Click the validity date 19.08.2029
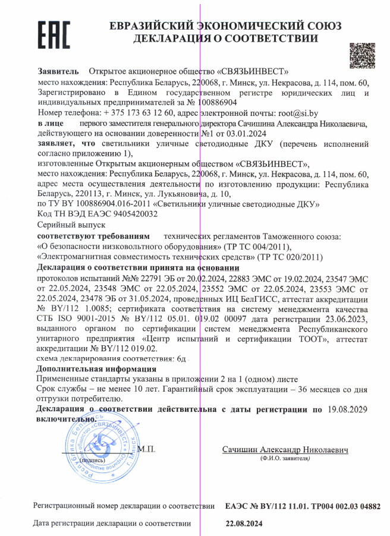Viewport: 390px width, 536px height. pyautogui.click(x=347, y=409)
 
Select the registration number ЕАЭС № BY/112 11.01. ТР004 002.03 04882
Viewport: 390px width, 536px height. pyautogui.click(x=303, y=506)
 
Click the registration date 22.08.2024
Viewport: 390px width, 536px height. pyautogui.click(x=243, y=524)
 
